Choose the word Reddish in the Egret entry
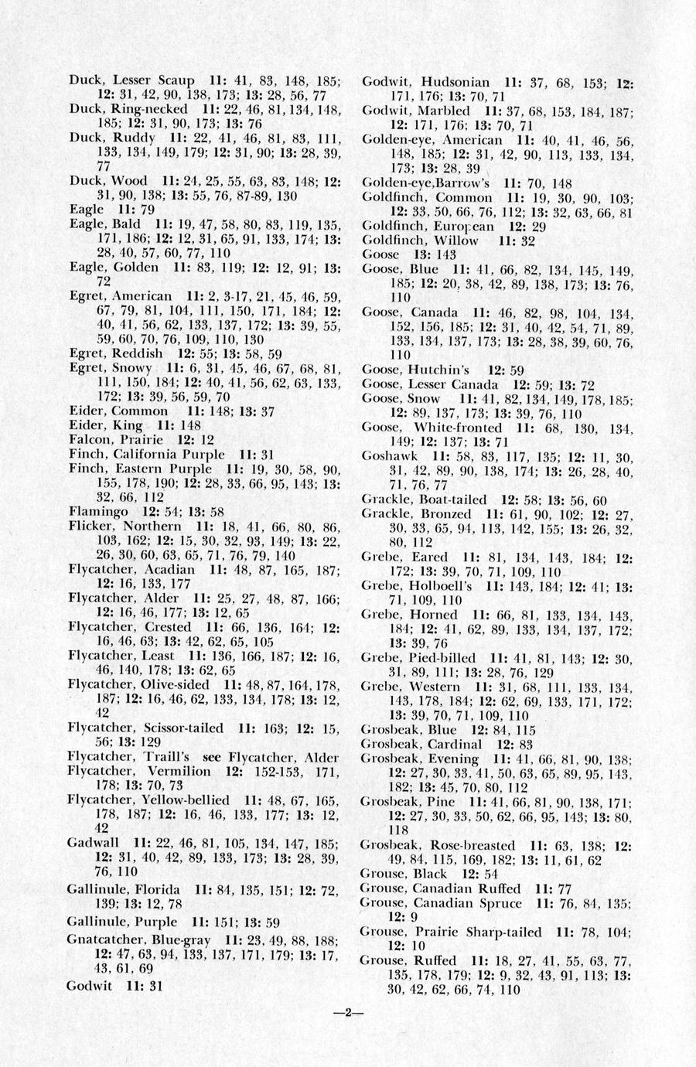pos(138,353)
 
